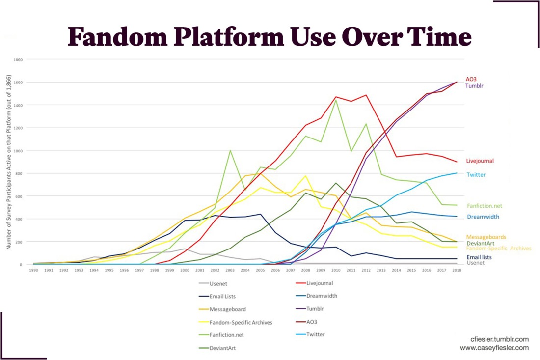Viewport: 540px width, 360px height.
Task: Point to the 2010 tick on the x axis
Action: point(335,270)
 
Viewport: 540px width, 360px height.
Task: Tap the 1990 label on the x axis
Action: point(33,270)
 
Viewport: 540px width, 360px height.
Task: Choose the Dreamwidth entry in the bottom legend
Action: point(322,296)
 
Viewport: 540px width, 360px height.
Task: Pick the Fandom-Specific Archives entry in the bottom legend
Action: point(241,322)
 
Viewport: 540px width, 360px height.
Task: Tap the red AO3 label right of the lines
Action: point(471,79)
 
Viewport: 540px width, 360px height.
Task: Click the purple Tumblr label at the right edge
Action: point(475,86)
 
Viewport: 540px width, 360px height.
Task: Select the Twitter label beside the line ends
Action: point(476,174)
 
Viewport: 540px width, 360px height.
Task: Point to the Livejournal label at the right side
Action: point(480,161)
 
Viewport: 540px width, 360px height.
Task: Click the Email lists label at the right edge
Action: point(479,257)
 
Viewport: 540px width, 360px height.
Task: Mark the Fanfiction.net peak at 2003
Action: point(230,151)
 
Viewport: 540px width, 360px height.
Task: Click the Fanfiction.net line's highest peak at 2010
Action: point(336,100)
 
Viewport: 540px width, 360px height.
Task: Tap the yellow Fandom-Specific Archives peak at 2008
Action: point(306,176)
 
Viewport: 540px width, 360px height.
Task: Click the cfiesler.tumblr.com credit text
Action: point(499,339)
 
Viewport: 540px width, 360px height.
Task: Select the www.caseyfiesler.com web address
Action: point(494,348)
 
